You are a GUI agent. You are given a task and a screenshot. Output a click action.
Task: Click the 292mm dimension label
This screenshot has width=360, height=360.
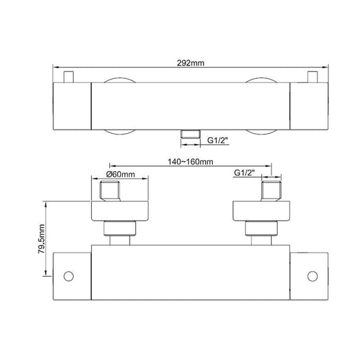click(x=190, y=63)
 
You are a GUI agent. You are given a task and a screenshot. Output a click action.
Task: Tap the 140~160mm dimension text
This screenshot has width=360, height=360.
click(x=190, y=162)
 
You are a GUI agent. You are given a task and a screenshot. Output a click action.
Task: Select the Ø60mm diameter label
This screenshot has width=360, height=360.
click(x=120, y=174)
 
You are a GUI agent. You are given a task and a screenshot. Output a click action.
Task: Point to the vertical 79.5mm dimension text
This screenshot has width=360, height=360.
click(x=41, y=239)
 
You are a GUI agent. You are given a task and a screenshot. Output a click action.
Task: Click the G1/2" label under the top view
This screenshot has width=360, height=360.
click(x=218, y=140)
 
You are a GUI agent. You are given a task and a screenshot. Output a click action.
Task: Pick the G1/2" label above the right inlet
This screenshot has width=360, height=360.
click(x=245, y=173)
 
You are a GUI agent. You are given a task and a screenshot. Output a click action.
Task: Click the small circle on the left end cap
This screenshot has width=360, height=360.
click(x=68, y=276)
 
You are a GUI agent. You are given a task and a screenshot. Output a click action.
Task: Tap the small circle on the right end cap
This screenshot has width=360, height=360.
click(x=313, y=276)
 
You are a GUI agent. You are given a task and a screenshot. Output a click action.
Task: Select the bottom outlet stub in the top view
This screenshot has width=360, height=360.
click(x=190, y=134)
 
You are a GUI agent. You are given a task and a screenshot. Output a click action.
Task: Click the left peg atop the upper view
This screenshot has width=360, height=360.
click(x=68, y=77)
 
